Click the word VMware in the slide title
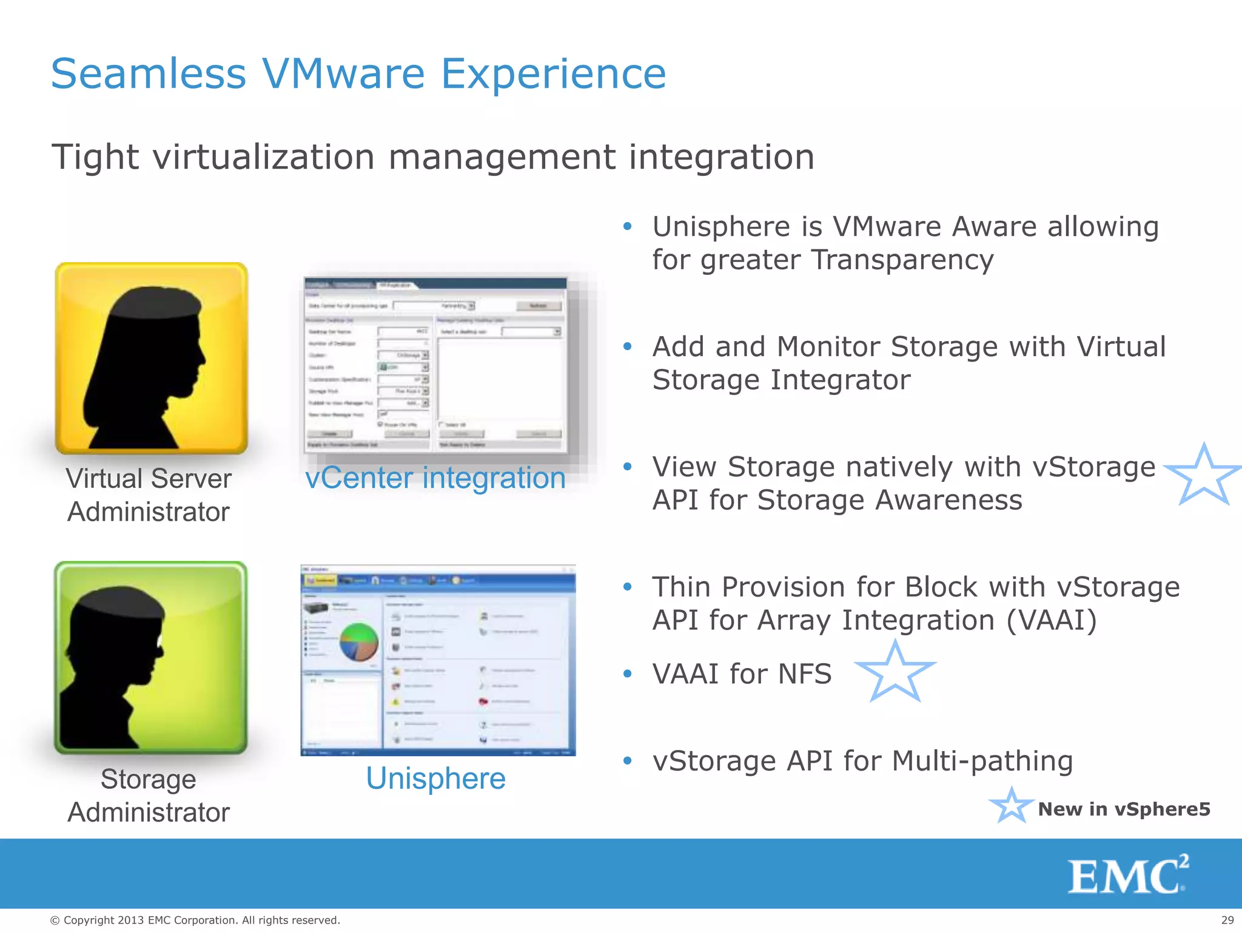tap(343, 74)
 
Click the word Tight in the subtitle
tap(96, 157)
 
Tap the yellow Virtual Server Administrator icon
tap(152, 358)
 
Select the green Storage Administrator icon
tap(151, 657)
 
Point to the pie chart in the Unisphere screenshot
tap(359, 642)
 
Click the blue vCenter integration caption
tap(435, 478)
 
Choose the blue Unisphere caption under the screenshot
tap(435, 778)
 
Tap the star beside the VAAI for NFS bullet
tap(895, 672)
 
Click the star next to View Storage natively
tap(1203, 476)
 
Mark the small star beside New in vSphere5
tap(1011, 806)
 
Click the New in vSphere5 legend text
tap(1124, 809)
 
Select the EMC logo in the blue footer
tap(1127, 875)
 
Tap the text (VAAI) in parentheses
tap(1052, 621)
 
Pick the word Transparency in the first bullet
tap(902, 260)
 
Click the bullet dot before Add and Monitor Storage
tap(628, 347)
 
